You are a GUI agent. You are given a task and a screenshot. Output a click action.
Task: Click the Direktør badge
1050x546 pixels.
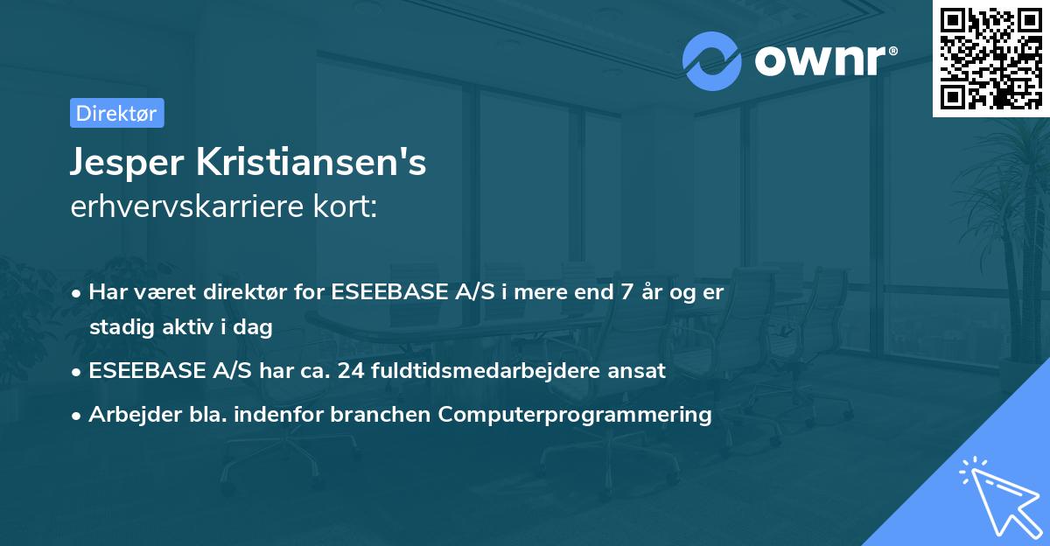click(x=116, y=113)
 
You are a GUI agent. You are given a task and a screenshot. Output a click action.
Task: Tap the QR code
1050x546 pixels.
click(x=990, y=58)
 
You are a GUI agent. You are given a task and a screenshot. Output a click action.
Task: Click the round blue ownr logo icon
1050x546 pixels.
click(x=712, y=60)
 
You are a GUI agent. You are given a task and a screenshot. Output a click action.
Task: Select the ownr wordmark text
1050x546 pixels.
click(x=822, y=60)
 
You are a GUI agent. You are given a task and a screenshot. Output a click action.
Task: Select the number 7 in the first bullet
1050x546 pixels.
click(x=625, y=292)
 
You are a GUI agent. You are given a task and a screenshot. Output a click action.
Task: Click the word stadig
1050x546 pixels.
click(x=118, y=327)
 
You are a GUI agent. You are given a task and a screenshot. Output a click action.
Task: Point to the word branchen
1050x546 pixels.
click(x=390, y=414)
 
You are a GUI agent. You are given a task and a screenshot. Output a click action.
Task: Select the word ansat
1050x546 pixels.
click(x=640, y=370)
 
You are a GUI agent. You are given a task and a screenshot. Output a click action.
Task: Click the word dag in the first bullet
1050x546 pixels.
click(x=256, y=327)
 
